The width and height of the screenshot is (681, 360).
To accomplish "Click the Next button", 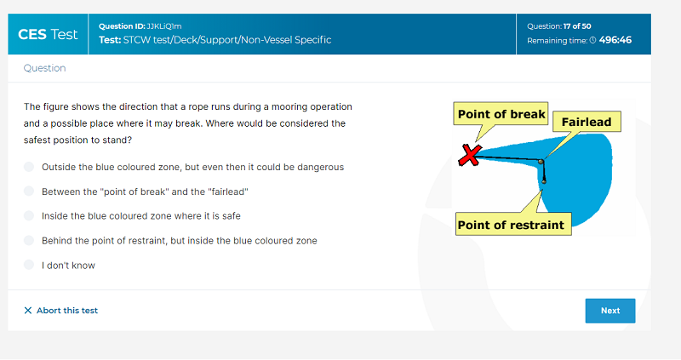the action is [x=609, y=311].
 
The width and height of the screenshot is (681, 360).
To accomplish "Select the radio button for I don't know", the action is [x=29, y=265].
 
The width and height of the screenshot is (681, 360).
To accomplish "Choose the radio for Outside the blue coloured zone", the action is [x=29, y=167].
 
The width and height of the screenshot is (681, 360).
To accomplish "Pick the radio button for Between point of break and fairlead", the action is [x=29, y=191].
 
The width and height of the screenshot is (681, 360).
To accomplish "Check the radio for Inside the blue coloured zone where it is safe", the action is [x=29, y=216].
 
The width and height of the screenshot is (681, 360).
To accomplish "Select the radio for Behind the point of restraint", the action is [x=29, y=240].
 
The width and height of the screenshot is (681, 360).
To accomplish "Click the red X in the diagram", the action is [x=470, y=156].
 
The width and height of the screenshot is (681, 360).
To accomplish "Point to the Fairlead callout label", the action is [x=587, y=122].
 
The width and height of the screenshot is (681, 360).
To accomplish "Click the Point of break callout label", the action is [x=501, y=114].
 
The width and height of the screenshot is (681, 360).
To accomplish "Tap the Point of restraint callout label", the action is [x=513, y=224].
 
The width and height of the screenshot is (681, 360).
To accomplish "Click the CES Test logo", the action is [x=48, y=34].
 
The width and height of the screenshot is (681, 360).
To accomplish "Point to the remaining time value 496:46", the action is [x=615, y=40].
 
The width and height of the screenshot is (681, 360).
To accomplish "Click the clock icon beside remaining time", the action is [x=592, y=40].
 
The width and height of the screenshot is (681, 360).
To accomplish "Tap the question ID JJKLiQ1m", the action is [x=164, y=26].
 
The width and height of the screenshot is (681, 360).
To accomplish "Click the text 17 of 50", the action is [x=577, y=26].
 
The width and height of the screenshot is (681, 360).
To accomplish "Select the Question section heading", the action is [x=45, y=68].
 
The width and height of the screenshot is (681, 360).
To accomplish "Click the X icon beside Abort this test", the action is [x=28, y=311].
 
